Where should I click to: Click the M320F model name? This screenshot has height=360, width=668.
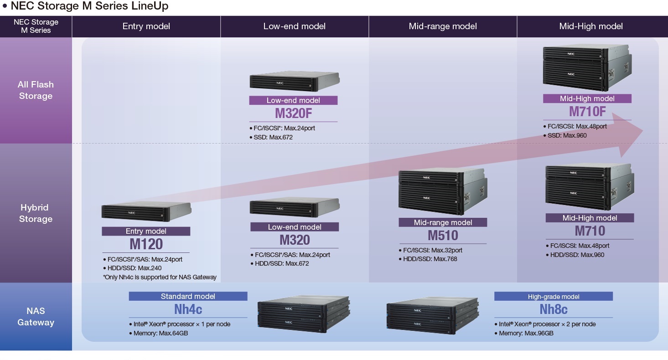pyautogui.click(x=293, y=113)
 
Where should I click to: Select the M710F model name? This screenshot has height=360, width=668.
pyautogui.click(x=587, y=111)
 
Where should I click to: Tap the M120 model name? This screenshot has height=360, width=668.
pyautogui.click(x=146, y=244)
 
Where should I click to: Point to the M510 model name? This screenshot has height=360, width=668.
pyautogui.click(x=443, y=235)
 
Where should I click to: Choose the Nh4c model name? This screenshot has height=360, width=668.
pyautogui.click(x=188, y=309)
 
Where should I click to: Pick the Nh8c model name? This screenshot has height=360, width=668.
pyautogui.click(x=554, y=309)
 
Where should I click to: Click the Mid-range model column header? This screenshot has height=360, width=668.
pyautogui.click(x=443, y=26)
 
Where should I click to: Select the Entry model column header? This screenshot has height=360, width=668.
pyautogui.click(x=146, y=26)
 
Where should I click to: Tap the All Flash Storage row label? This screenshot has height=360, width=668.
pyautogui.click(x=36, y=90)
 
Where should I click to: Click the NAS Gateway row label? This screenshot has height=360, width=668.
pyautogui.click(x=36, y=317)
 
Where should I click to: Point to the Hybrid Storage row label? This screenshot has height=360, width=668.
pyautogui.click(x=36, y=213)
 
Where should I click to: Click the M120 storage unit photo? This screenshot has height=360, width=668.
pyautogui.click(x=146, y=212)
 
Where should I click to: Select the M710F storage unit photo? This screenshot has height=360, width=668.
pyautogui.click(x=585, y=67)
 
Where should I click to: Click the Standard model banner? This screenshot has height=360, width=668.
pyautogui.click(x=188, y=296)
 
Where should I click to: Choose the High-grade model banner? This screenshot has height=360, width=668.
pyautogui.click(x=554, y=297)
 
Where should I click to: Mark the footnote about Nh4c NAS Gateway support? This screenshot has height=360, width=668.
pyautogui.click(x=160, y=277)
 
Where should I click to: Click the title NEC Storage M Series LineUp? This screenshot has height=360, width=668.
pyautogui.click(x=89, y=6)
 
